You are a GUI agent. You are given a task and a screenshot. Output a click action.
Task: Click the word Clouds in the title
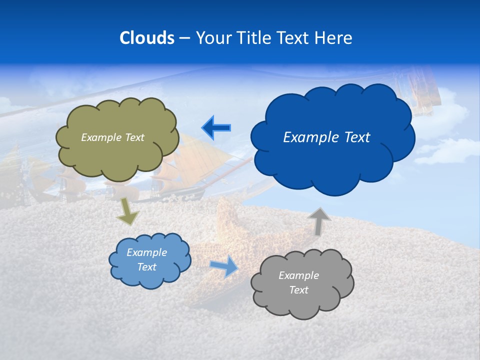coord(146,38)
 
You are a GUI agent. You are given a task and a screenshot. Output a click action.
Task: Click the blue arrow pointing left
coord(216,128)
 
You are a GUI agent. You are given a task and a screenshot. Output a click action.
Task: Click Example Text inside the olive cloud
coord(112,137)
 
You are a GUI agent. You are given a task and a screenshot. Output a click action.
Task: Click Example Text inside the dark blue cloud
coord(326,137)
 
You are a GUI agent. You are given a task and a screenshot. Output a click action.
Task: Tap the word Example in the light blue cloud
coord(146,252)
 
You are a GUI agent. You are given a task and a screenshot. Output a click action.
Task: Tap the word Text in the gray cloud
coord(298,290)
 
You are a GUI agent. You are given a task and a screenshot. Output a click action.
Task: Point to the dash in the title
coord(184,38)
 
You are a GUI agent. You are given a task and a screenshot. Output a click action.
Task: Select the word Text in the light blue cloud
coord(146,267)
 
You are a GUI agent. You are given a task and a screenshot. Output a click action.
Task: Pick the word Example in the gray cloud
coord(298,275)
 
